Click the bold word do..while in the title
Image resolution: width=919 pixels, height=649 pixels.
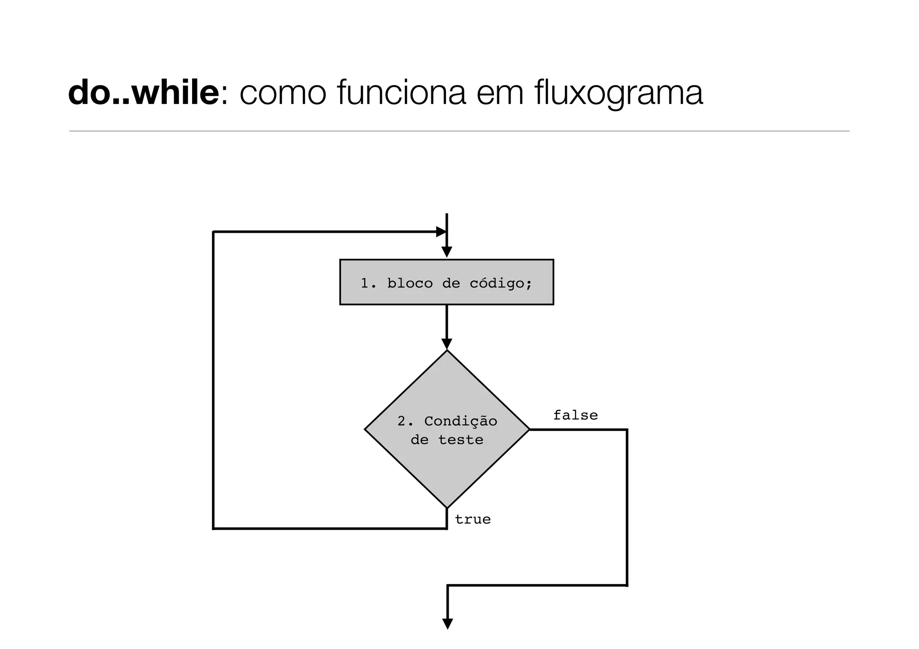[143, 93]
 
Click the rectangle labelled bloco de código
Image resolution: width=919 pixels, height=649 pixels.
[446, 282]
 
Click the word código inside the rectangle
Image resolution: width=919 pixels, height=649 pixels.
[500, 283]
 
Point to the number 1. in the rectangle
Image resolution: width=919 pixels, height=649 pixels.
[368, 283]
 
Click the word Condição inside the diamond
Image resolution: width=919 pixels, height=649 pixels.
[460, 421]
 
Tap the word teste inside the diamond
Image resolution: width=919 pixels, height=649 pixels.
[460, 440]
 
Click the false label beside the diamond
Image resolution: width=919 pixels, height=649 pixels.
[575, 415]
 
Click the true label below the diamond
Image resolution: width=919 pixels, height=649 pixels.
[473, 519]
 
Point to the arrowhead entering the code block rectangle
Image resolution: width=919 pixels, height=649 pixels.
[446, 253]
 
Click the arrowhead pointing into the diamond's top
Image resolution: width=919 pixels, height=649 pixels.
[446, 344]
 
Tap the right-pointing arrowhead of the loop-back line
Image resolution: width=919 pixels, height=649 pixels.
[441, 232]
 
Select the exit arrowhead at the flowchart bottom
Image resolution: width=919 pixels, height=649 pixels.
[447, 624]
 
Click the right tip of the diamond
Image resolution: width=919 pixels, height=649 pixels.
[529, 429]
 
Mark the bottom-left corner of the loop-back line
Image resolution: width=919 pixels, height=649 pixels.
[214, 528]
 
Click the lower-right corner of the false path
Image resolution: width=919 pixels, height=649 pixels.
[626, 585]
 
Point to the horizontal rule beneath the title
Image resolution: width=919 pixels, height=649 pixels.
[459, 131]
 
